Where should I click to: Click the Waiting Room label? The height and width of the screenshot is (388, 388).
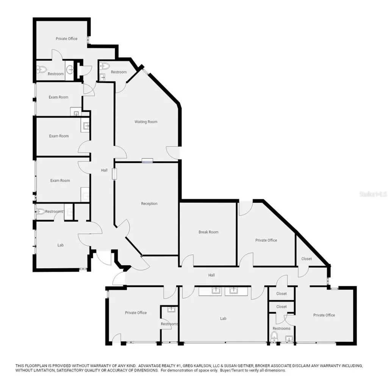point(146,122)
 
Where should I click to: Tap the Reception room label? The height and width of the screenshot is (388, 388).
point(149,203)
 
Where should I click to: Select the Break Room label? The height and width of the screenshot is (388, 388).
point(208,232)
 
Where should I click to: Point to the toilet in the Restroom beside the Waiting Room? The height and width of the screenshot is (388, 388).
point(105,66)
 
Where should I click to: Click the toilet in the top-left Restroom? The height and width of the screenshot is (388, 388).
point(42,70)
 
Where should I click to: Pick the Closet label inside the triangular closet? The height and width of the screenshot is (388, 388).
point(306,259)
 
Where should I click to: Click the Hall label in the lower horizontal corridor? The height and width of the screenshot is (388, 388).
point(211,275)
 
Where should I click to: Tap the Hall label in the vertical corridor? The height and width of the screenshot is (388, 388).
point(104,170)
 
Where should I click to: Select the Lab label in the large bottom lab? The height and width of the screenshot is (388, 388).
point(223,318)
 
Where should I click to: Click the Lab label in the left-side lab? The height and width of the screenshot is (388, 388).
point(60,245)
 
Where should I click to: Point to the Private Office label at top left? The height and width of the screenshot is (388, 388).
point(66,39)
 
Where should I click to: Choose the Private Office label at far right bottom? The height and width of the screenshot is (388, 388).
point(324,315)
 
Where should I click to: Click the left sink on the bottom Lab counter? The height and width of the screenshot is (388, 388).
point(216,290)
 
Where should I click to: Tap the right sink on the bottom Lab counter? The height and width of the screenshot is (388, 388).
point(233,290)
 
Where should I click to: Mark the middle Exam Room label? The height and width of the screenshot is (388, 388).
point(59,136)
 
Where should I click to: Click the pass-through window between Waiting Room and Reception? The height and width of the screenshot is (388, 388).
point(147,161)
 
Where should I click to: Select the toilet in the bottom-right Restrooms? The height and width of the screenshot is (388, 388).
point(274,336)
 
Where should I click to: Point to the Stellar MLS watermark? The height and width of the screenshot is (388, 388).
point(373,194)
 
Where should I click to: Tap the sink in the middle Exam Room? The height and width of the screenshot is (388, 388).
point(86,126)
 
